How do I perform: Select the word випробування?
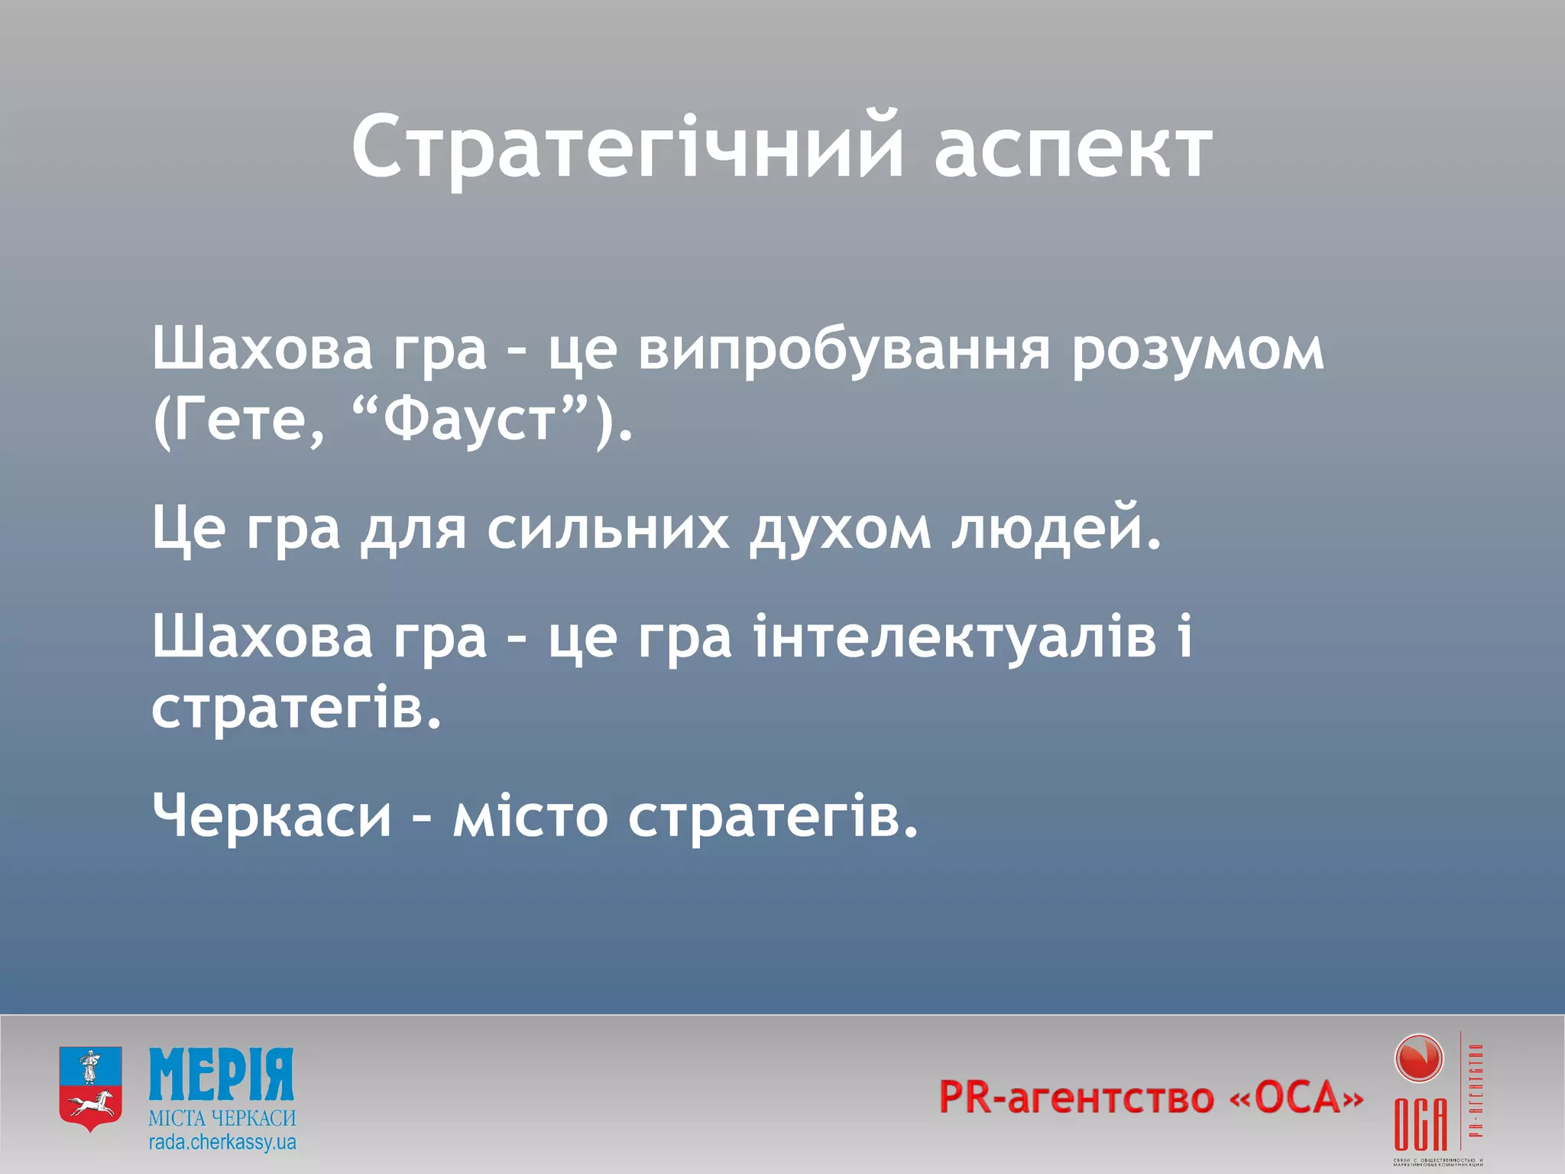844,352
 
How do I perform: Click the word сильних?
608,529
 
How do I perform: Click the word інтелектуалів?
955,637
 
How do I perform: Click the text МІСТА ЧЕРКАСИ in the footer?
222,1118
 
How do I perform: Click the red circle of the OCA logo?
1418,1059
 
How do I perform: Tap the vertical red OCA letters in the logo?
1420,1124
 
